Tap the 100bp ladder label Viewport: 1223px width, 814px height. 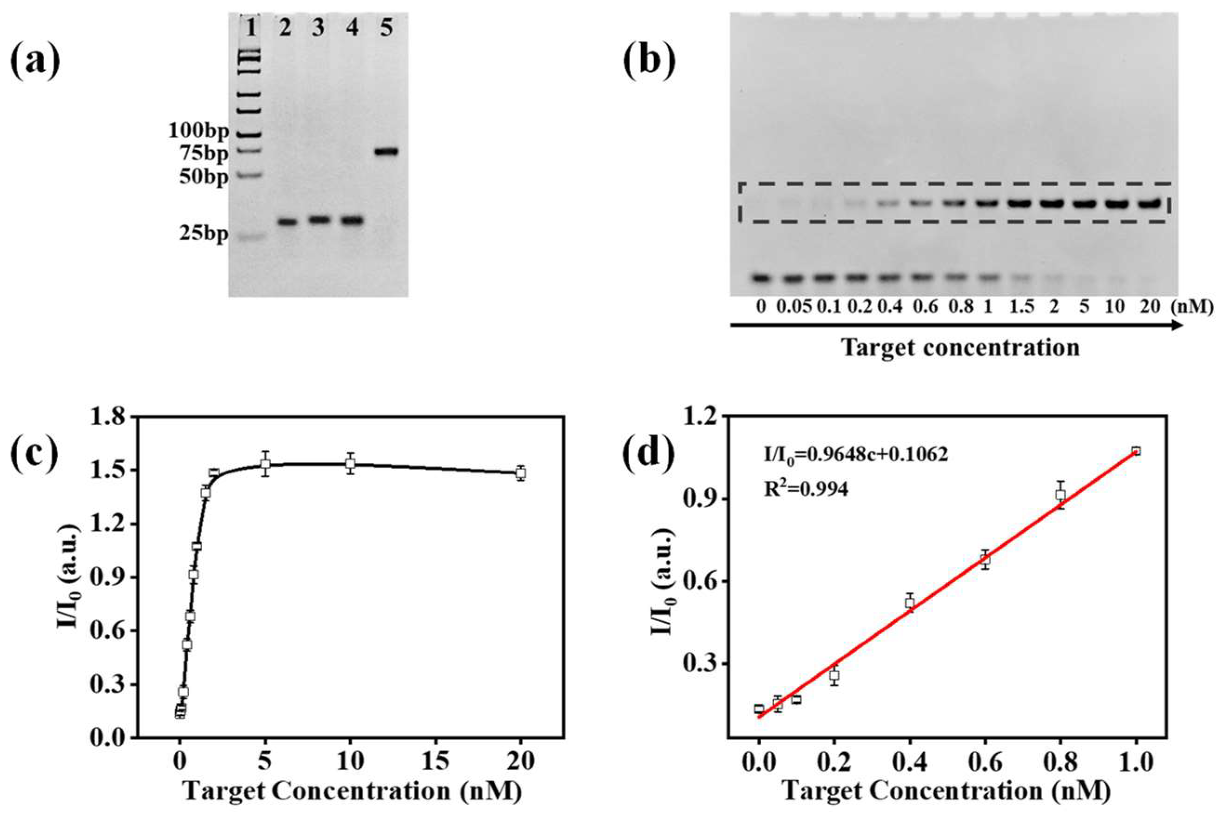198,132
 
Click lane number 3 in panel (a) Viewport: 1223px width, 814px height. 318,28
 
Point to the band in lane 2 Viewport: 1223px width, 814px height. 287,222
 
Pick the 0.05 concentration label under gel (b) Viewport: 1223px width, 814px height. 793,307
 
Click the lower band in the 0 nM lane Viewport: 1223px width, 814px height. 761,278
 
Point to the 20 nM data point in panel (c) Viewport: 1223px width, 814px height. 520,473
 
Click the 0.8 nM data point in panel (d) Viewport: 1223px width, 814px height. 1060,495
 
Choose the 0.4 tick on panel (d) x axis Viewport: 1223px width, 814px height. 909,762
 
